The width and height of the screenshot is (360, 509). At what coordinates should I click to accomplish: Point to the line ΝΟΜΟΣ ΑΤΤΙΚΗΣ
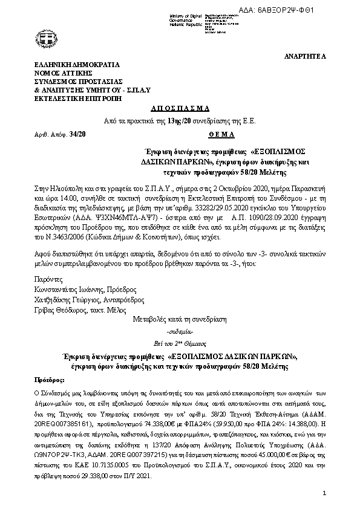(65, 73)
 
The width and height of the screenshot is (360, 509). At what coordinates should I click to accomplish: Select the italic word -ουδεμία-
(180, 333)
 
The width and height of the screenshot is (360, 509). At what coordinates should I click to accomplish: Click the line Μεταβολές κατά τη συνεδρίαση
(179, 319)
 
